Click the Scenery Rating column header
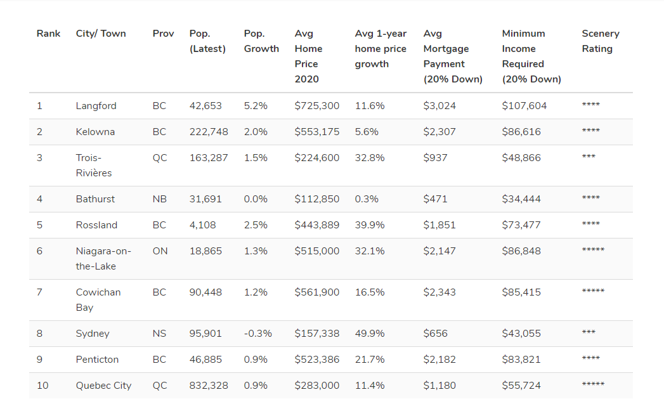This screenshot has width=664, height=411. coord(600,41)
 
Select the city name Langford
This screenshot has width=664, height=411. coord(96,106)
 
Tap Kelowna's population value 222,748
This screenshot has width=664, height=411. coord(209,132)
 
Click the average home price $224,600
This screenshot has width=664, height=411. coord(316,158)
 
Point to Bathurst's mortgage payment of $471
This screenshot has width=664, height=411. coord(435,199)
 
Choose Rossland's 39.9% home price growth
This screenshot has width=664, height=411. coord(370,225)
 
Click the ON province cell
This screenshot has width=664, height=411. coord(160,251)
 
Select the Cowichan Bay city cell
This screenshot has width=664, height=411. coord(98,300)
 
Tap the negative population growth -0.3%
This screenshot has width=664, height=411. coord(257,334)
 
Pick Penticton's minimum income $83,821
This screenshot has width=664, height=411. coord(521,360)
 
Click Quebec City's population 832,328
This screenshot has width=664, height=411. coord(209,386)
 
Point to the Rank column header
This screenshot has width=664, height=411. coord(48,34)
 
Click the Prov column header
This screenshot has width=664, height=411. coord(163,34)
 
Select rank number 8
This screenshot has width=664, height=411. coord(39,334)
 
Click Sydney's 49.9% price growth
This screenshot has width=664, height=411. coord(370,334)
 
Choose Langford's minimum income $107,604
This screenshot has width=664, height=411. coord(524,106)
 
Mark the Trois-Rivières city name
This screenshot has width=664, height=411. coord(93,166)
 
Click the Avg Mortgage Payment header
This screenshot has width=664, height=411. coord(452,56)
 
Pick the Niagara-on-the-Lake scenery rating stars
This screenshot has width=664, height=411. coord(593,251)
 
